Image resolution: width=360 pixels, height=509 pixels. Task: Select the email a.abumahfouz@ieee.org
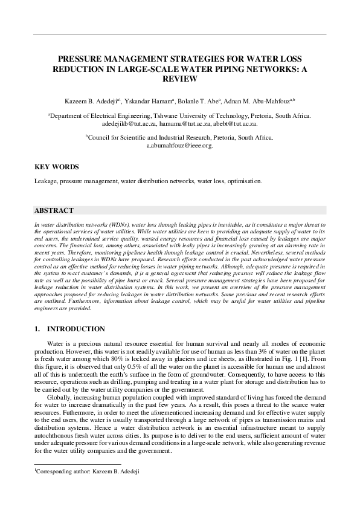[179, 146]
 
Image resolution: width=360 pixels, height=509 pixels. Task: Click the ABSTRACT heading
[54, 210]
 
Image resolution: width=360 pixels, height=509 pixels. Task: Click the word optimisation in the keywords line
[242, 181]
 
